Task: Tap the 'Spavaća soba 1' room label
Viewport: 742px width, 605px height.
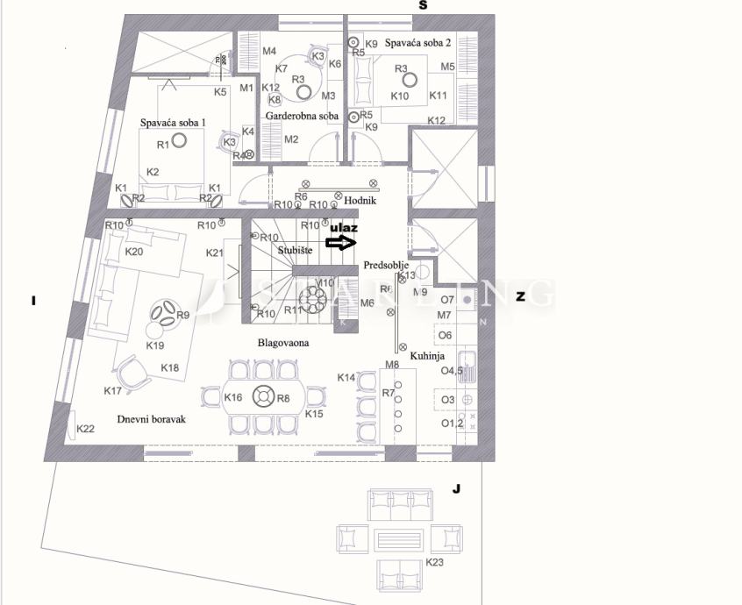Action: click(174, 123)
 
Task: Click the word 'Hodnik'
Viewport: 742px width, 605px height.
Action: click(360, 201)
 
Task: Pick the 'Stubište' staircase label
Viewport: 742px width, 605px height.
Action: click(296, 250)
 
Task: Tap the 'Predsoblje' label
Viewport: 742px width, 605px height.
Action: click(386, 265)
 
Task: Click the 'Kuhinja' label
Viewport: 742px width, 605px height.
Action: click(426, 357)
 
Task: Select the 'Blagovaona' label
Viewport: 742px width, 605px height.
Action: click(282, 343)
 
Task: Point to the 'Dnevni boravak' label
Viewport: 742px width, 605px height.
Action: click(152, 419)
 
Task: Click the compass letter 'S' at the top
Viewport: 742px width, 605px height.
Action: click(423, 5)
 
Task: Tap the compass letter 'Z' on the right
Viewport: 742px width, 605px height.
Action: click(520, 297)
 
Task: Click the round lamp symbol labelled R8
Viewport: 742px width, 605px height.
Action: click(261, 397)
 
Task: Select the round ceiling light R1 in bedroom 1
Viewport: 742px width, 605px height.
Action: click(180, 139)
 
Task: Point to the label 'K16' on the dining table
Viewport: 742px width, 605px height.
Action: click(233, 398)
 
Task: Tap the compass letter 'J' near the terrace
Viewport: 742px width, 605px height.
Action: click(456, 488)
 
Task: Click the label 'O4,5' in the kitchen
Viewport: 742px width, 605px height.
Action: click(451, 371)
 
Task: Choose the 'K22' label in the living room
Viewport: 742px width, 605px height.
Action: click(85, 429)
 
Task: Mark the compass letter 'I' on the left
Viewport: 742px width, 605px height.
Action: click(32, 302)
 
